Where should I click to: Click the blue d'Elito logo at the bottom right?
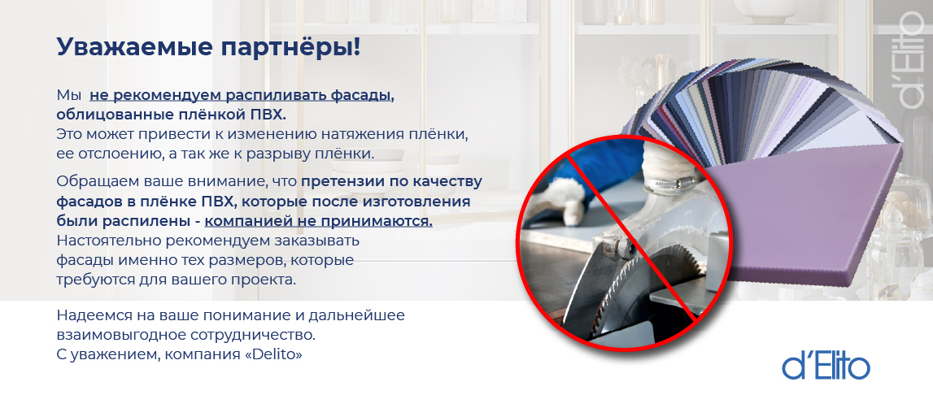click(826, 367)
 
